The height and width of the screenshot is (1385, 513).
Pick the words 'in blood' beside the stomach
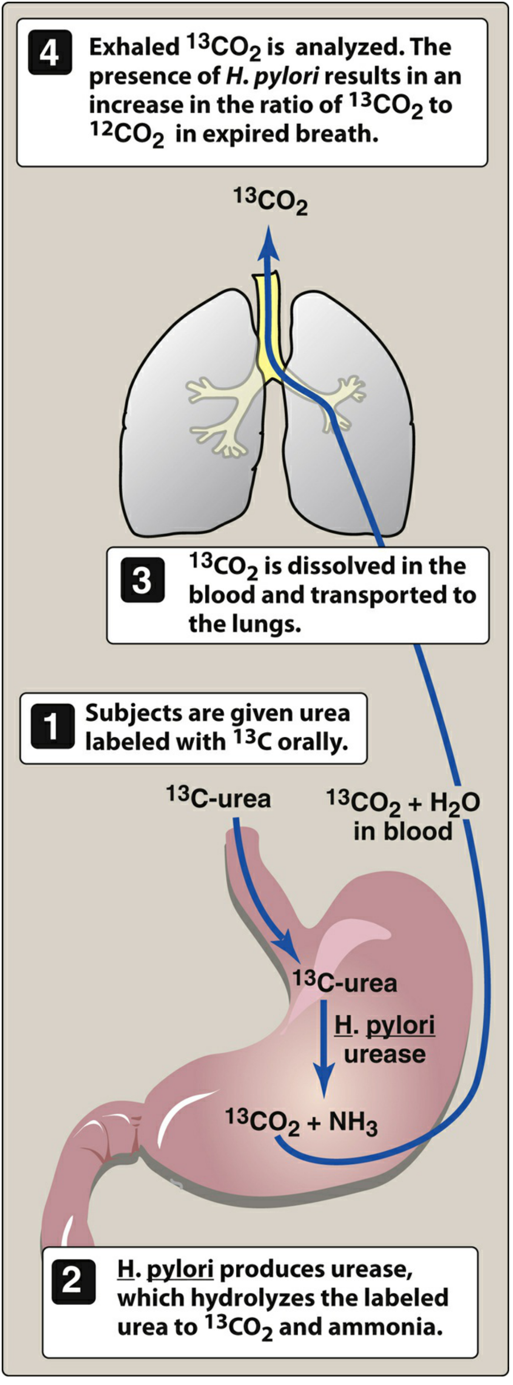pos(402,831)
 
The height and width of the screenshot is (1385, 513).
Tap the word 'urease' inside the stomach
pos(385,1055)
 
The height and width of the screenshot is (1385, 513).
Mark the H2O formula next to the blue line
pos(454,803)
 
